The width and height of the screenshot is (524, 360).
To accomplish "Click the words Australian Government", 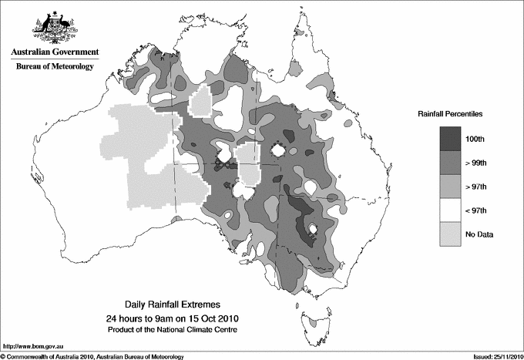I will pos(54,52).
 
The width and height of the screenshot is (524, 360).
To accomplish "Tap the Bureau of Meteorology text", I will pos(54,67).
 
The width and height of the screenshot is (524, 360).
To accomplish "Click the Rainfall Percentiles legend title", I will pos(450,113).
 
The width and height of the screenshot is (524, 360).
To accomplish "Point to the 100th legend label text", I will pos(483,140).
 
